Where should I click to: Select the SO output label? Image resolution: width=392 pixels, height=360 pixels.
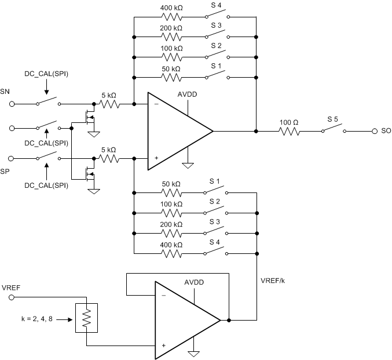click(x=386, y=132)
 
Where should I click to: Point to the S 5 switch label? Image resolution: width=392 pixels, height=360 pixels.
click(x=332, y=119)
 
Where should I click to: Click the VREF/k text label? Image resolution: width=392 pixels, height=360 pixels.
click(x=274, y=280)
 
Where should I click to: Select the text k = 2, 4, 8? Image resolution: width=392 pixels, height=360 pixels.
click(x=36, y=319)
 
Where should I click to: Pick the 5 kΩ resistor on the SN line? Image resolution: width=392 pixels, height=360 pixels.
click(x=108, y=104)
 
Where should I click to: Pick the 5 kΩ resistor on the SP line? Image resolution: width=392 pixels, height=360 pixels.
click(x=108, y=158)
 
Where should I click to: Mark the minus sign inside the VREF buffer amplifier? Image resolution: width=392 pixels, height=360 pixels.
click(x=164, y=294)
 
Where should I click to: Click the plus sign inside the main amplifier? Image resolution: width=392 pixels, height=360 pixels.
click(x=156, y=158)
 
